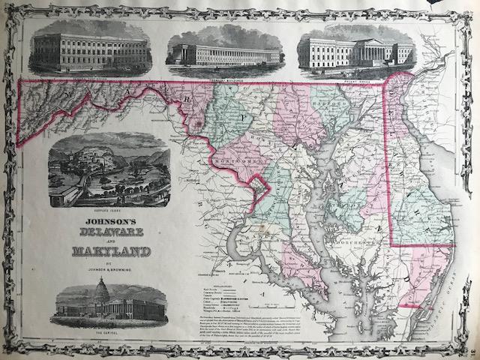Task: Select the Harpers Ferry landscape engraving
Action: (108, 170)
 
